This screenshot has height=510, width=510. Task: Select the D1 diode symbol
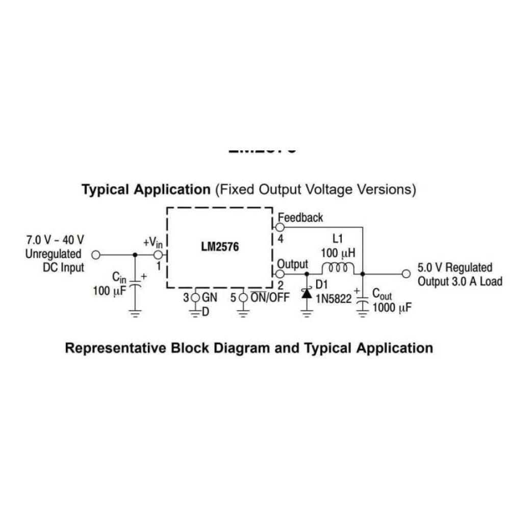(307, 293)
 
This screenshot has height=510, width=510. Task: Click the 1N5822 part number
(334, 299)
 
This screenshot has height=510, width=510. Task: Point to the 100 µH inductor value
(337, 253)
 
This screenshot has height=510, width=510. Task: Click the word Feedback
(300, 218)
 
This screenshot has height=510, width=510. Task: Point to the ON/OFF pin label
(269, 297)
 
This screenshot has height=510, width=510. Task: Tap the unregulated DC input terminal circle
(95, 254)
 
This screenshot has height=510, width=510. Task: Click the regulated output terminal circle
(406, 274)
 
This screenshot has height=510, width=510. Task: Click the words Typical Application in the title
(146, 190)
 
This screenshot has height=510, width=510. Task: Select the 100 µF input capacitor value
(109, 292)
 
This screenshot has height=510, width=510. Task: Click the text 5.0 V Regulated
(455, 268)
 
